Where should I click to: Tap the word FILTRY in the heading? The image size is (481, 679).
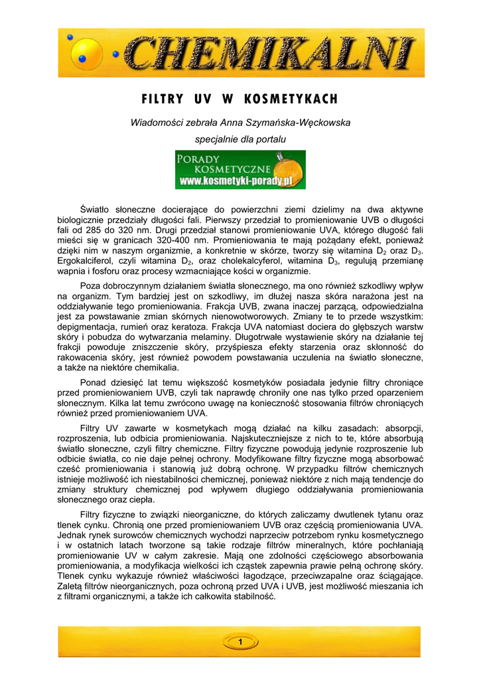[163, 99]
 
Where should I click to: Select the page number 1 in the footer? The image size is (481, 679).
[240, 641]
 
